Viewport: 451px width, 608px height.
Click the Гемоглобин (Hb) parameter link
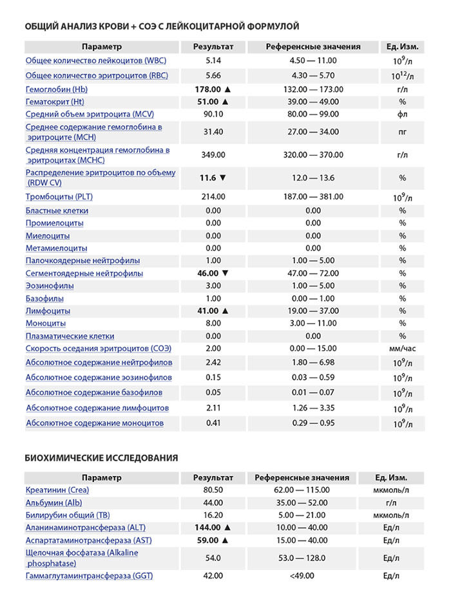(x=57, y=89)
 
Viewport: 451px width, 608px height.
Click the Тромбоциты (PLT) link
(x=59, y=197)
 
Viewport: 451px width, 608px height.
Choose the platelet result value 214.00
(x=213, y=197)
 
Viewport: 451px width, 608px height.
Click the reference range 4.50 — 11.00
(x=313, y=60)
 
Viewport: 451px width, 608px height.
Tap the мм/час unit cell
(x=402, y=349)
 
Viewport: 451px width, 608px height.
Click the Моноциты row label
(x=46, y=324)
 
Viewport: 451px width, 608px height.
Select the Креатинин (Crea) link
(x=57, y=490)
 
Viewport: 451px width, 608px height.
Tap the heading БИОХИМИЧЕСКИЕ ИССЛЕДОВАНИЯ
(x=101, y=457)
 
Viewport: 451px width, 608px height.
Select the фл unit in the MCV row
(x=402, y=115)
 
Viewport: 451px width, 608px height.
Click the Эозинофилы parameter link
(x=50, y=286)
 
